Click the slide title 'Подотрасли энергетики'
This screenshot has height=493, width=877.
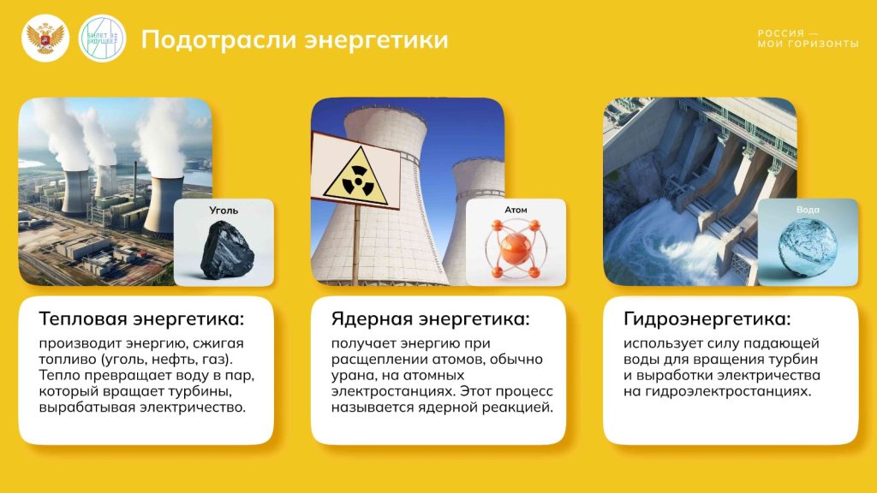295,40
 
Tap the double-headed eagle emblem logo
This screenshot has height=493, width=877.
45,38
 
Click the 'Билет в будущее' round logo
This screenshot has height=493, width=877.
102,38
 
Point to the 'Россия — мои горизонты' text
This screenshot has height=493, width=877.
808,39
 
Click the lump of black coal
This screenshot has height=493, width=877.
226,250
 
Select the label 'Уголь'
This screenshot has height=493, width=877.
224,211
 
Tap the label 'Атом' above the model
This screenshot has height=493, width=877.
516,210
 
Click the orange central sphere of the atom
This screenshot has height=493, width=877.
515,248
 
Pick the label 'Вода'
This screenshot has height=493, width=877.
808,210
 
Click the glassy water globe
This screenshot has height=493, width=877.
808,246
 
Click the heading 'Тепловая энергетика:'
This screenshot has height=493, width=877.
141,319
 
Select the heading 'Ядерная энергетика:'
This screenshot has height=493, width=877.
430,319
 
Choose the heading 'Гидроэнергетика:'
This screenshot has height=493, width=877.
707,319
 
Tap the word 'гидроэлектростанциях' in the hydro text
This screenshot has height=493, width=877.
727,391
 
